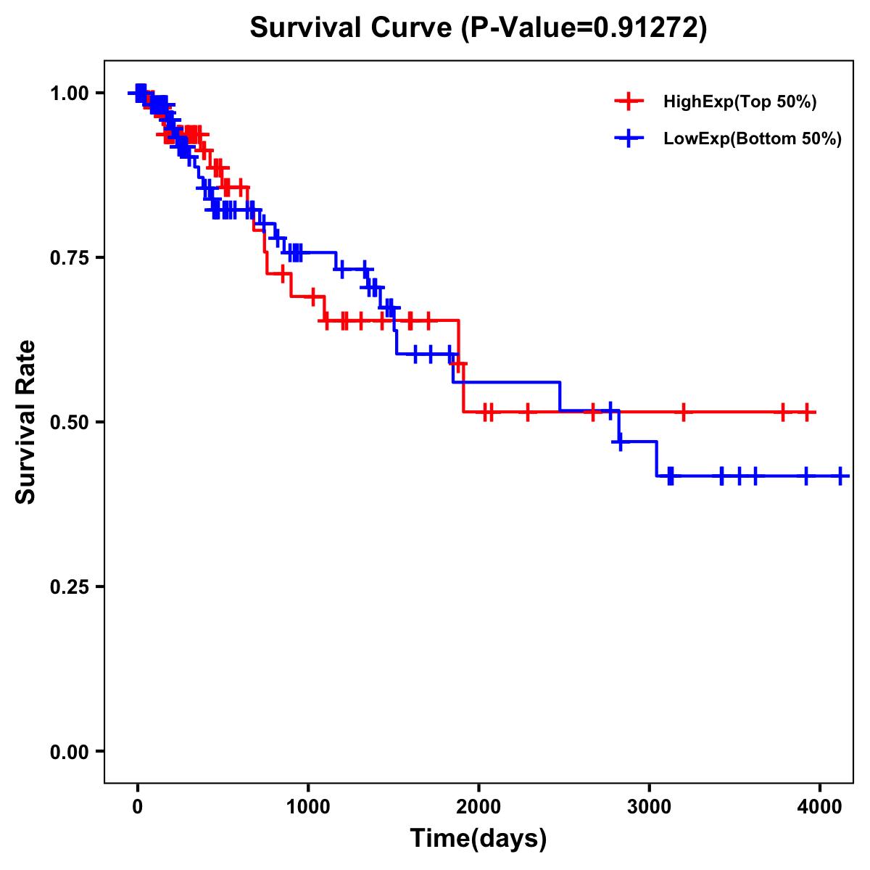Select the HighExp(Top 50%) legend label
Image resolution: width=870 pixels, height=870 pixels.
[740, 102]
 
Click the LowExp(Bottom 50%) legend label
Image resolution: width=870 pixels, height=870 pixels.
[753, 139]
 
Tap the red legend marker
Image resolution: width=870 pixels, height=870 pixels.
[629, 102]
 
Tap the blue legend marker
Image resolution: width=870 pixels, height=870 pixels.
[629, 138]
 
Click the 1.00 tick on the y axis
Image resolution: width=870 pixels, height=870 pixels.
[69, 94]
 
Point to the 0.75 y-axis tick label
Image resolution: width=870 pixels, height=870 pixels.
[69, 258]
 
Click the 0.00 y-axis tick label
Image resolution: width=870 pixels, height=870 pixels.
[69, 752]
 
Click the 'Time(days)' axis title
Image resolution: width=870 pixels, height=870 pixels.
[478, 839]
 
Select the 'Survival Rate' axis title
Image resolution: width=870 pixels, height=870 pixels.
[26, 422]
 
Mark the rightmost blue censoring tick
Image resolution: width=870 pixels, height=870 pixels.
[840, 476]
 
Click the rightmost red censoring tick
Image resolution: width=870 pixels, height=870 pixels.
[807, 412]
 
